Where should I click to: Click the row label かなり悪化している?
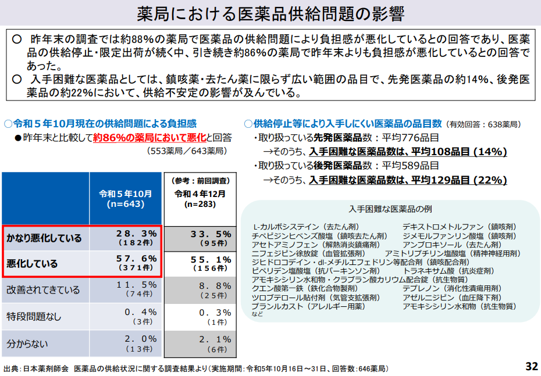(44, 238)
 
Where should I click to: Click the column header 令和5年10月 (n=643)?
(126, 199)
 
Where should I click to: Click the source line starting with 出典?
(195, 368)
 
